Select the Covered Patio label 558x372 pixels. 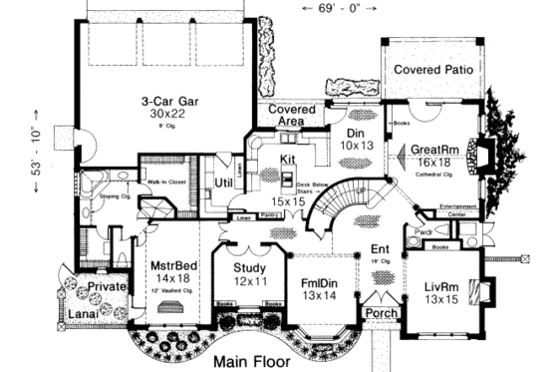pyautogui.click(x=432, y=70)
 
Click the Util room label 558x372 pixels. pyautogui.click(x=225, y=185)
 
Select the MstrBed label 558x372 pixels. pyautogui.click(x=177, y=268)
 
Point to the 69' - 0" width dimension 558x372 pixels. pyautogui.click(x=336, y=8)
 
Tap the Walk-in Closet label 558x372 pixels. pyautogui.click(x=140, y=183)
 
